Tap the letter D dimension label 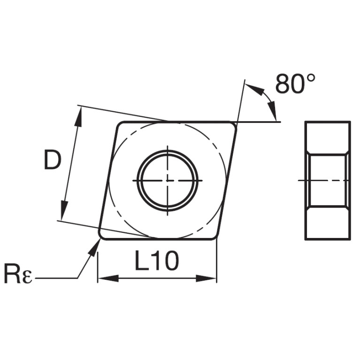[53, 159]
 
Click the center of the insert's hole [168, 180]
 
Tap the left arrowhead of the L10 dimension [108, 278]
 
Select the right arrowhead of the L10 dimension [206, 278]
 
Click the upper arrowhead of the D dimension [78, 116]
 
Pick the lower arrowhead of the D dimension [64, 210]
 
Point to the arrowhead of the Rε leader [95, 247]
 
